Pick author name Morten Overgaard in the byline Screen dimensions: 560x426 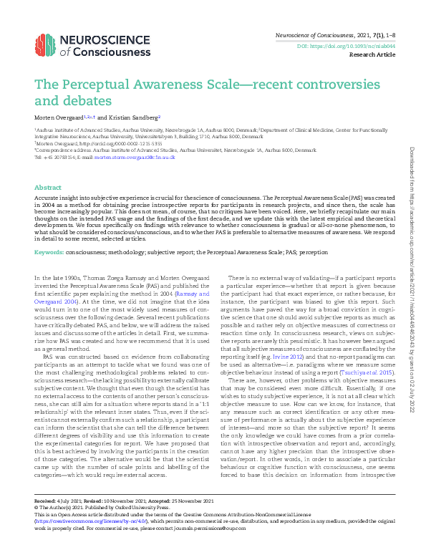[x=58, y=117]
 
